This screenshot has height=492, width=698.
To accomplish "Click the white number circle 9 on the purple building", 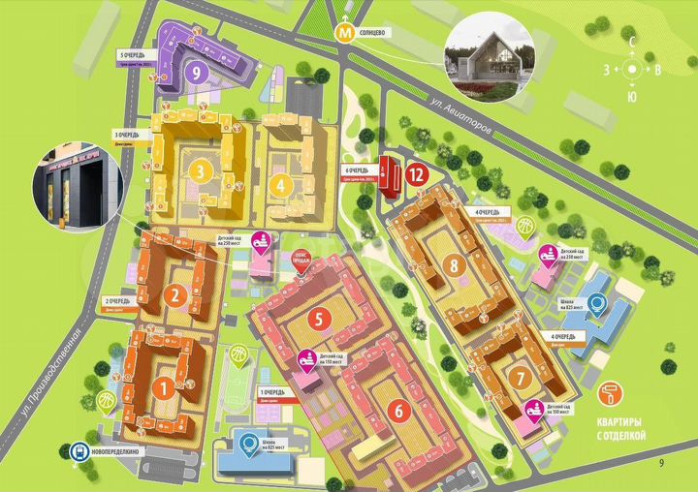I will click(197, 71).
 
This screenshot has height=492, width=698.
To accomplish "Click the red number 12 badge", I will click(416, 175).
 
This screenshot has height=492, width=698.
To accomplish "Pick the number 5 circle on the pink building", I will click(317, 317).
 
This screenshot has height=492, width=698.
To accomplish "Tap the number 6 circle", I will click(397, 410).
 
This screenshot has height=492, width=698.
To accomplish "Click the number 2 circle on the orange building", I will click(174, 295).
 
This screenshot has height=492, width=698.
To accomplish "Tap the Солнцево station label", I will click(373, 33).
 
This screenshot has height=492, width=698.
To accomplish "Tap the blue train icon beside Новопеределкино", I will click(78, 450).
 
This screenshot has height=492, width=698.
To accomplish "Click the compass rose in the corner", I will click(633, 70).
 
